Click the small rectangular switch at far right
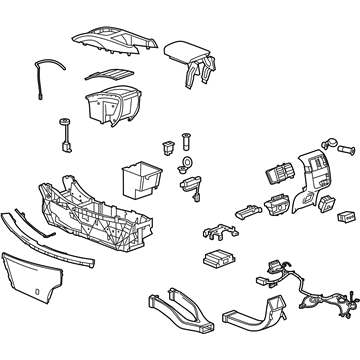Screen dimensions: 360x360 tap(345, 216)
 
